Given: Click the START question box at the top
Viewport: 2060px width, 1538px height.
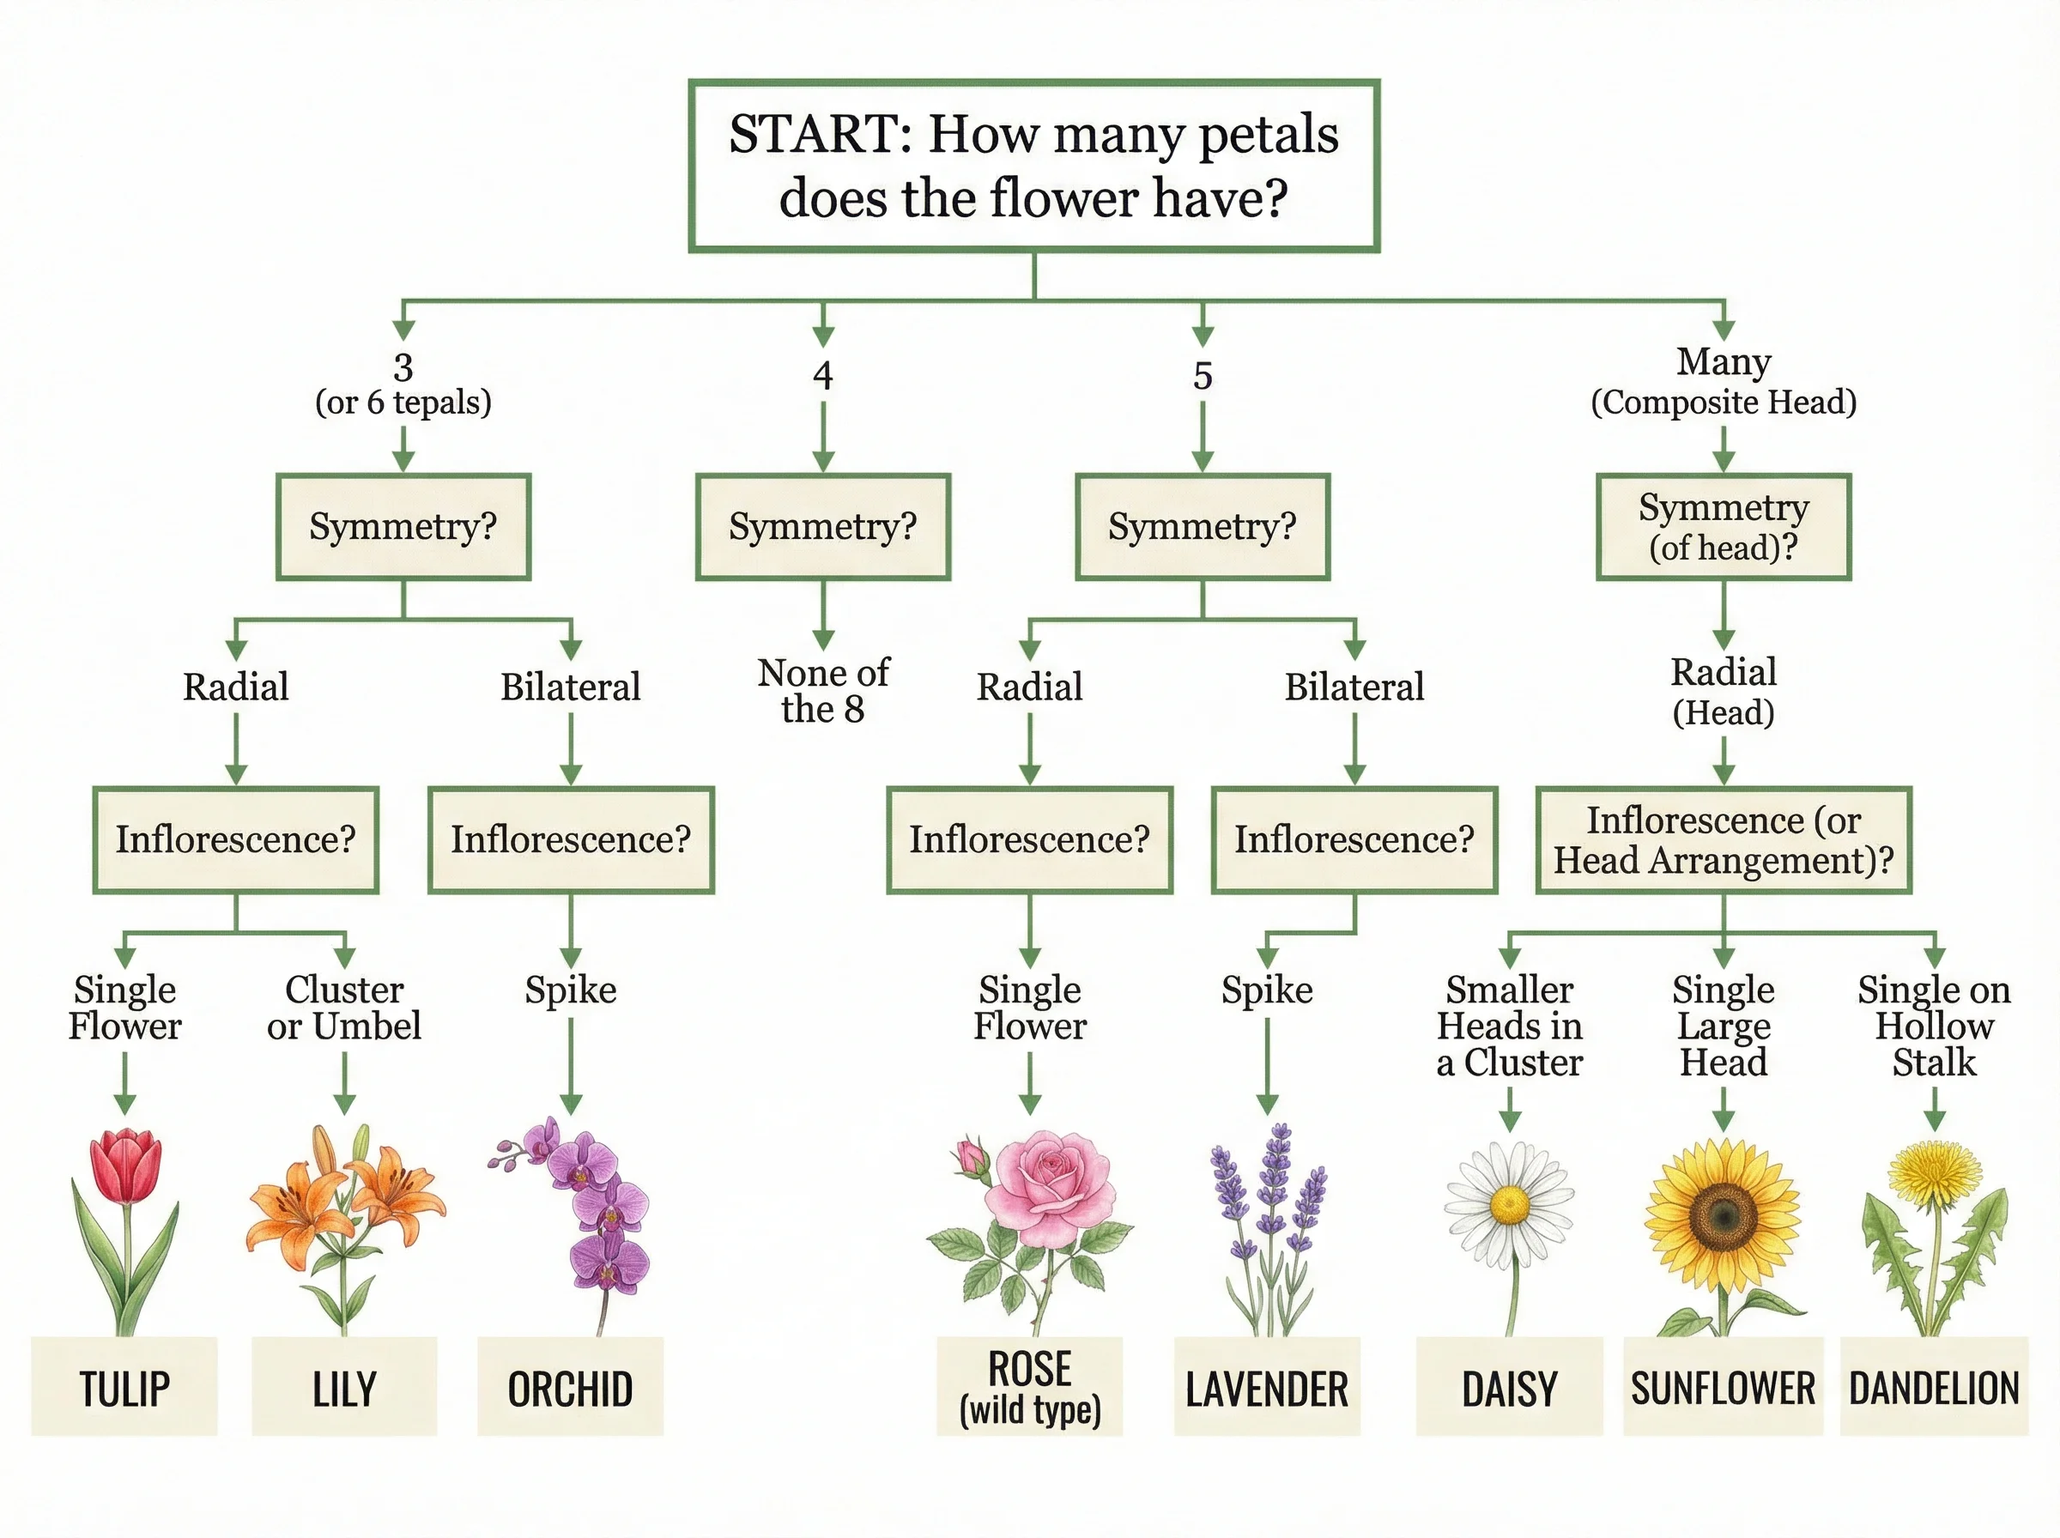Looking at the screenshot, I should pyautogui.click(x=1033, y=166).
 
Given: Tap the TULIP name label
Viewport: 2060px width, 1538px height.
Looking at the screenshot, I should pyautogui.click(x=124, y=1388).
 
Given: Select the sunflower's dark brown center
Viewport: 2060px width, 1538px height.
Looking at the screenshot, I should pyautogui.click(x=1723, y=1214).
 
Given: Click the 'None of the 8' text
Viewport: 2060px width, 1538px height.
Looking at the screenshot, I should pyautogui.click(x=823, y=690).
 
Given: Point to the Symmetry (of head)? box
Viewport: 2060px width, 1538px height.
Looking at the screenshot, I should pyautogui.click(x=1723, y=527).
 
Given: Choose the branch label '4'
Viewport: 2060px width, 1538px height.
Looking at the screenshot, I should pyautogui.click(x=822, y=375).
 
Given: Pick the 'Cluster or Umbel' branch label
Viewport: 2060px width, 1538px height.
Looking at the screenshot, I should pyautogui.click(x=343, y=1008).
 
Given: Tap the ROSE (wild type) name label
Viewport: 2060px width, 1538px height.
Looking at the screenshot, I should pyautogui.click(x=1029, y=1386).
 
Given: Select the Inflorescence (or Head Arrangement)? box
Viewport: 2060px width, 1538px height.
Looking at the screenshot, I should pyautogui.click(x=1723, y=839).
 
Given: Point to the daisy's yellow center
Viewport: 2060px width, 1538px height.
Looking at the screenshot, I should pyautogui.click(x=1509, y=1206).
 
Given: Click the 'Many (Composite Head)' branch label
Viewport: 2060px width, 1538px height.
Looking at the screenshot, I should pyautogui.click(x=1723, y=382).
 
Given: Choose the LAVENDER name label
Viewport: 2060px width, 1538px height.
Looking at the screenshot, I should pyautogui.click(x=1266, y=1388).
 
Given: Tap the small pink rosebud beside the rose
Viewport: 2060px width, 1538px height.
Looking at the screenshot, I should pyautogui.click(x=972, y=1158).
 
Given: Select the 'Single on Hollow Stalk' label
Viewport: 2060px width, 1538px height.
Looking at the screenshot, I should pyautogui.click(x=1935, y=1025).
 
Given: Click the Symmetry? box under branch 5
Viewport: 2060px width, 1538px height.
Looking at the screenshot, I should pyautogui.click(x=1202, y=527).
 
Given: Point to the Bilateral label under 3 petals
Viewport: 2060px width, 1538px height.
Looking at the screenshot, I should pyautogui.click(x=571, y=687).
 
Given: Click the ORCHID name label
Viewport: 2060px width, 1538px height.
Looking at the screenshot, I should pyautogui.click(x=570, y=1388).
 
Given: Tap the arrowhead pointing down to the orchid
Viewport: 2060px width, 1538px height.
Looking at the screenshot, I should pyautogui.click(x=571, y=1105).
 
